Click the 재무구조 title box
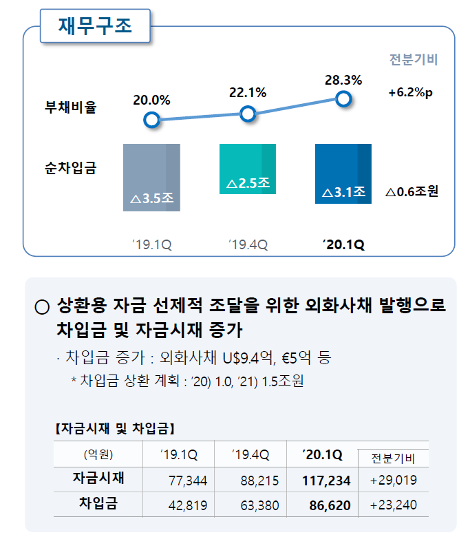pyautogui.click(x=95, y=28)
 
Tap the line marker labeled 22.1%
pyautogui.click(x=248, y=114)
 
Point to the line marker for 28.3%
pyautogui.click(x=344, y=99)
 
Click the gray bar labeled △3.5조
pyautogui.click(x=151, y=177)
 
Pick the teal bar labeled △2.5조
pyautogui.click(x=248, y=169)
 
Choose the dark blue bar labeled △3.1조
pyautogui.click(x=343, y=173)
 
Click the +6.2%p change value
pyautogui.click(x=411, y=93)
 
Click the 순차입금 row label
pyautogui.click(x=71, y=166)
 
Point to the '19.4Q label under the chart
pyautogui.click(x=248, y=244)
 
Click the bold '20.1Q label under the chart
pyautogui.click(x=343, y=244)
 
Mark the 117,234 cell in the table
pyautogui.click(x=326, y=480)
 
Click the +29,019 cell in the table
pyautogui.click(x=393, y=480)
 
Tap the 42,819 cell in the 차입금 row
pyautogui.click(x=188, y=505)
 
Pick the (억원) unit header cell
pyautogui.click(x=98, y=454)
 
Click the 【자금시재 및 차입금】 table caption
pyautogui.click(x=114, y=429)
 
